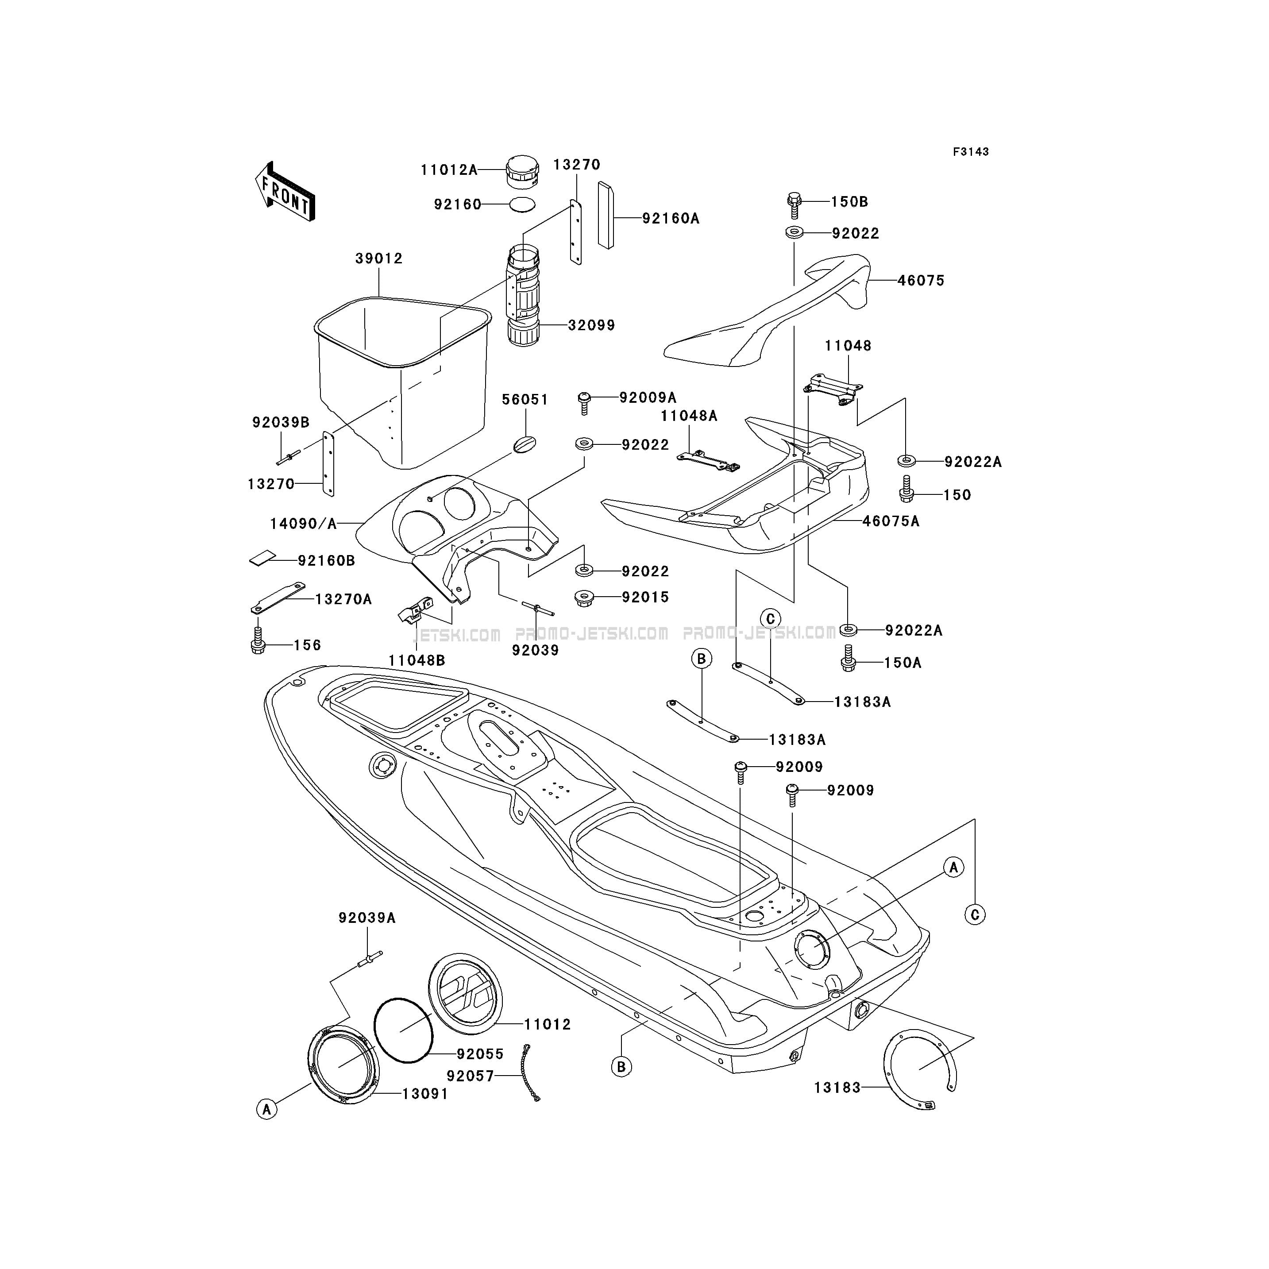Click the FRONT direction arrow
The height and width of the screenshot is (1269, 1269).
pos(285,192)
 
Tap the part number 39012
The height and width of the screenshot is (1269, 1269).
pos(379,259)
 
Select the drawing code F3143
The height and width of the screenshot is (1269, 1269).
pos(971,152)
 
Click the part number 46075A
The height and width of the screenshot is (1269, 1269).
pos(891,521)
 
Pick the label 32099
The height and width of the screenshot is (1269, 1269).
pos(591,325)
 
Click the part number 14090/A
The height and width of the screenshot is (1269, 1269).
pos(304,524)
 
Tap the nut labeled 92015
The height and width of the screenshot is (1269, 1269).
pos(583,598)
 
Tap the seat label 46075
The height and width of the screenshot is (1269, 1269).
pos(921,281)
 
